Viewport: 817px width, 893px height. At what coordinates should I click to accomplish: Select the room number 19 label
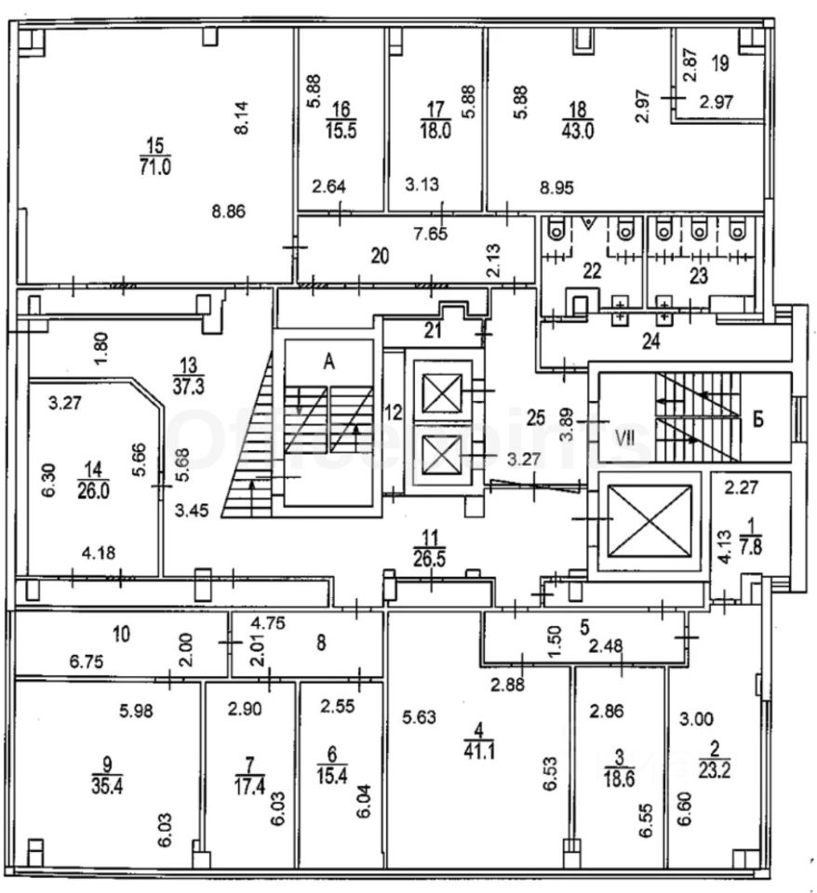click(x=719, y=64)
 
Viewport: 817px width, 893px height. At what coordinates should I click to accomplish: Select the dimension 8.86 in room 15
click(x=228, y=211)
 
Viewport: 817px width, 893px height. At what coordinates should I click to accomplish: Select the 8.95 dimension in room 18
click(x=556, y=187)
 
